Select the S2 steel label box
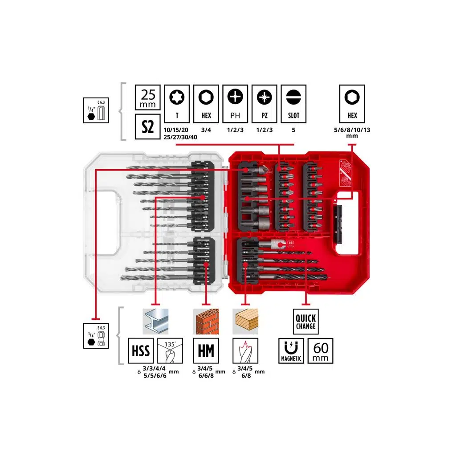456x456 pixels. [147, 126]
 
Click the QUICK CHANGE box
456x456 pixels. [305, 322]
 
